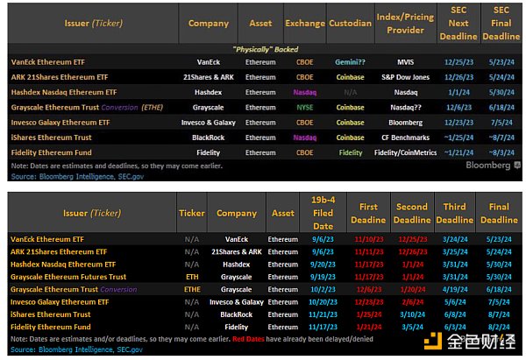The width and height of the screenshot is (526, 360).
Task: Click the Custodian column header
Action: [x=350, y=24]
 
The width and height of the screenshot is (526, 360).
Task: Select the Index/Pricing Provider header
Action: [x=407, y=24]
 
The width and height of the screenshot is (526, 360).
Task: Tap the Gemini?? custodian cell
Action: [x=350, y=63]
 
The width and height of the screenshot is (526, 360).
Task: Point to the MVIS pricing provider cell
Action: [x=407, y=63]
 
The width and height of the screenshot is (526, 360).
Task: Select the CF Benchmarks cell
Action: [x=407, y=137]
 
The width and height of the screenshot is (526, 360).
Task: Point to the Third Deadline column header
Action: [x=454, y=213]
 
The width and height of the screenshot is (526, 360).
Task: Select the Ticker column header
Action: [x=192, y=213]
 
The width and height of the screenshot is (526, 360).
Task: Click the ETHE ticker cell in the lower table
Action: [x=192, y=289]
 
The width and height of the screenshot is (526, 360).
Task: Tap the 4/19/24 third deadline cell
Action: [x=454, y=289]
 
